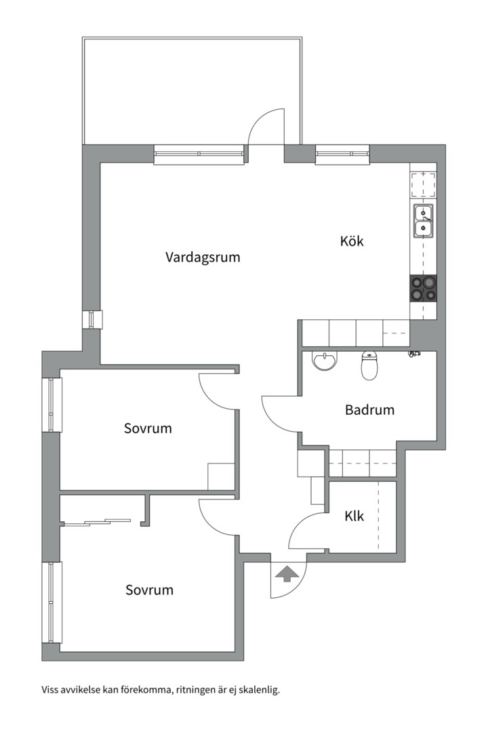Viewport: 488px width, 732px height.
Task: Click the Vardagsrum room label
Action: click(x=203, y=258)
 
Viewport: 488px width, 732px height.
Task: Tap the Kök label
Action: click(x=352, y=241)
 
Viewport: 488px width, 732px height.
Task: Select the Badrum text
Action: click(x=369, y=410)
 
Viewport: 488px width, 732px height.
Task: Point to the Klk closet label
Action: click(x=354, y=516)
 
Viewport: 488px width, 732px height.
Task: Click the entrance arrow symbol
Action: click(x=287, y=574)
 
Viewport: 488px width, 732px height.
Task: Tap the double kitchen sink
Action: click(x=424, y=222)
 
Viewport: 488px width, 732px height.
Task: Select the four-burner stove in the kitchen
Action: click(x=423, y=288)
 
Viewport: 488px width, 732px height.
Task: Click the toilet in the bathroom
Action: click(x=369, y=366)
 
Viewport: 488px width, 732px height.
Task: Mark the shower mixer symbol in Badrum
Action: click(x=414, y=354)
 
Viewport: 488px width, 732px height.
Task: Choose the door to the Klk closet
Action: click(x=307, y=530)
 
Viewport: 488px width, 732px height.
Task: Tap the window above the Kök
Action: click(x=342, y=155)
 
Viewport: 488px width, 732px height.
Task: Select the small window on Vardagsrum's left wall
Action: click(x=92, y=320)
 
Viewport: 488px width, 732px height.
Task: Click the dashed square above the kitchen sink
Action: click(x=424, y=184)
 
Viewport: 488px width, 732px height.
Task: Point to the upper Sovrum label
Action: click(x=148, y=428)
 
